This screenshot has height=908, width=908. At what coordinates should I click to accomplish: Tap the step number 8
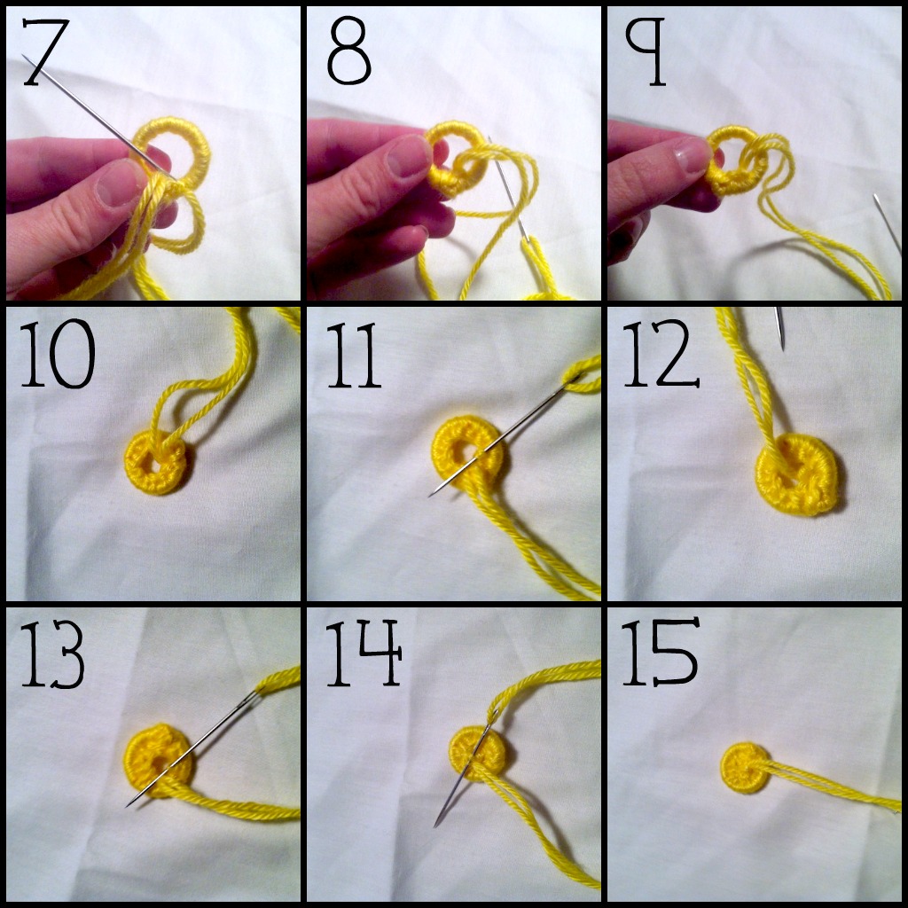pos(348,55)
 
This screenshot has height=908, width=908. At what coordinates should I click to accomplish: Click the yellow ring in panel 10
pos(156,464)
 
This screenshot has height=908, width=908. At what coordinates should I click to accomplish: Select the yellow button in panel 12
pos(796,478)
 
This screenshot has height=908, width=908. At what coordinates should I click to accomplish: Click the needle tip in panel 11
pos(431,494)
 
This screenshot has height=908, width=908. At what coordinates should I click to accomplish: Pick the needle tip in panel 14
pos(436,825)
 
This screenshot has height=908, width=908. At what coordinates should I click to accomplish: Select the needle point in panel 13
pos(129,804)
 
